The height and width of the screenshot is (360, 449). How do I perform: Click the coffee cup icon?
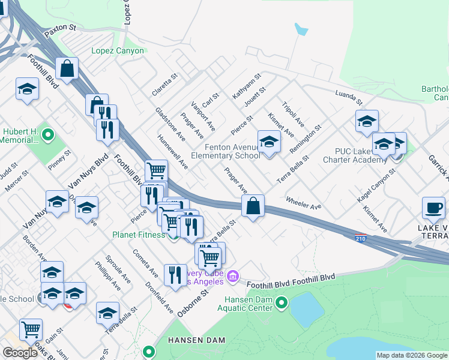[x=433, y=208]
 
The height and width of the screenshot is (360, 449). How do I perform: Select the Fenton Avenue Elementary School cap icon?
[x=269, y=142]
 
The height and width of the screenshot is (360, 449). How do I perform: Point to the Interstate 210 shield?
[x=360, y=238]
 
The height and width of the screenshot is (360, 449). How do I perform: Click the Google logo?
[x=20, y=352]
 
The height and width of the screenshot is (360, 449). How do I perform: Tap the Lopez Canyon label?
[x=118, y=51]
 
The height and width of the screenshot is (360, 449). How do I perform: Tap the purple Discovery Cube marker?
[x=234, y=277]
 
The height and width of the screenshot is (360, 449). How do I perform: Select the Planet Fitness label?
[x=138, y=235]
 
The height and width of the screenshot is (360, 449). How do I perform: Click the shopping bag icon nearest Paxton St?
[x=67, y=68]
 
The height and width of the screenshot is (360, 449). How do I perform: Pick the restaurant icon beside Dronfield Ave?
[x=175, y=275]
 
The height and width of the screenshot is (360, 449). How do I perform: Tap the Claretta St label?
[x=166, y=83]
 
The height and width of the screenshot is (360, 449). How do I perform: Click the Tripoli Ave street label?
[x=293, y=112]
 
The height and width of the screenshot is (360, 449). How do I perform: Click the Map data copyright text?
[x=412, y=355]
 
